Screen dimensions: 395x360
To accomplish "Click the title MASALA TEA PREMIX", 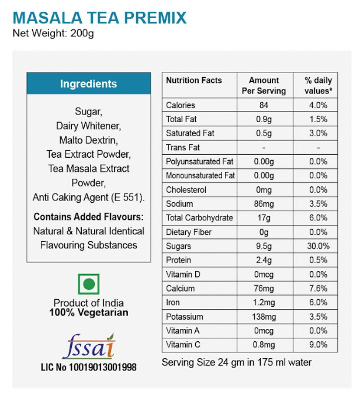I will (100, 17).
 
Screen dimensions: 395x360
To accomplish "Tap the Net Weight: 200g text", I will (53, 33).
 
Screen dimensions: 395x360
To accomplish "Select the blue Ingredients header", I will (88, 84).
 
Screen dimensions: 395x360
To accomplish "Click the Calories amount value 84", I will (264, 105).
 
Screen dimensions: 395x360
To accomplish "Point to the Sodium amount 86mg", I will (264, 204).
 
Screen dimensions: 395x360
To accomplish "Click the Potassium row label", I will (185, 317).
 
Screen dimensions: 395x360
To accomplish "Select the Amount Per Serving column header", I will (264, 85).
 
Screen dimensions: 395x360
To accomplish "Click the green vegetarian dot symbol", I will (88, 285).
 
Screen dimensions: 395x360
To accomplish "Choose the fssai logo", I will (88, 346).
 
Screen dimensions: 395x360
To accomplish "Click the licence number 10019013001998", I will (88, 367).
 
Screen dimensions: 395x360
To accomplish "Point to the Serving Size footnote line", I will (237, 362).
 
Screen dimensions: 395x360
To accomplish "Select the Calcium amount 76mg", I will (264, 289).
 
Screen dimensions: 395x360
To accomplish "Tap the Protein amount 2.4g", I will (264, 260).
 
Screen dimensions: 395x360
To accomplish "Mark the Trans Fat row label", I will (183, 147).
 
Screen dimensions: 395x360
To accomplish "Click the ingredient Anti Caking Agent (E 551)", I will (88, 197).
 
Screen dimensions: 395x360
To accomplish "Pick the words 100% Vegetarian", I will (88, 313).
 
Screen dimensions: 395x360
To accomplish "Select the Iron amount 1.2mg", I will (264, 303).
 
